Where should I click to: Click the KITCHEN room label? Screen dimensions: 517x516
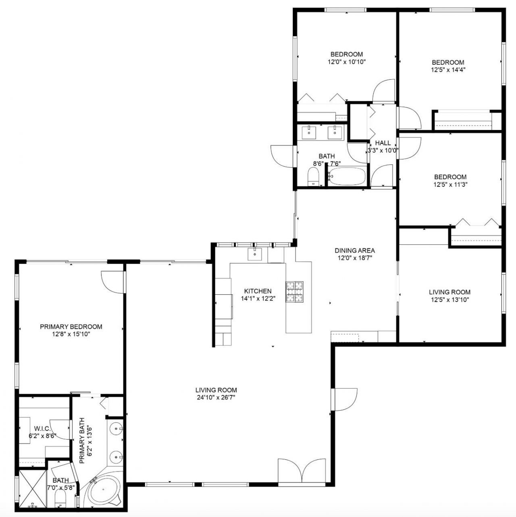click(x=258, y=291)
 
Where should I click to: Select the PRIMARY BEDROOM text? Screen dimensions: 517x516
click(x=71, y=327)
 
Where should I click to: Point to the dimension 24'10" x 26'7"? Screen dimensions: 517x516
click(x=216, y=397)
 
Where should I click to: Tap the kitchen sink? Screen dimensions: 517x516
click(x=255, y=254)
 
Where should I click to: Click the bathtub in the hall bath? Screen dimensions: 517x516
click(x=347, y=176)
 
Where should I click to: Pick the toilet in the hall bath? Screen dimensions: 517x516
click(x=313, y=177)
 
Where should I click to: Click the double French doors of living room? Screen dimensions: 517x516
click(x=302, y=471)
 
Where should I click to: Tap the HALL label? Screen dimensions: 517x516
click(x=383, y=143)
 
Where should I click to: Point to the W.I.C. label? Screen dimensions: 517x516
click(x=42, y=428)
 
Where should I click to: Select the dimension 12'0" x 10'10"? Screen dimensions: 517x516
click(x=346, y=62)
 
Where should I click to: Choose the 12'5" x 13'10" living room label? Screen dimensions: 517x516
click(x=449, y=300)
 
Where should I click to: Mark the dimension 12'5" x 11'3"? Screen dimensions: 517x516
click(x=450, y=184)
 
